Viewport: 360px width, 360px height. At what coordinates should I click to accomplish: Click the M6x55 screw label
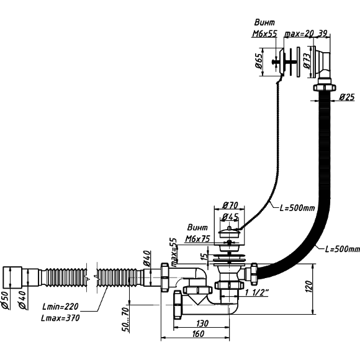click(x=264, y=34)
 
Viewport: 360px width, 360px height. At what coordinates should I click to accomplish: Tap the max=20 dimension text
click(x=299, y=34)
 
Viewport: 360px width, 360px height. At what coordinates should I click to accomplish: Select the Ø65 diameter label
click(x=259, y=61)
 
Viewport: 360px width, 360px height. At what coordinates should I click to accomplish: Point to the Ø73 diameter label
click(x=307, y=61)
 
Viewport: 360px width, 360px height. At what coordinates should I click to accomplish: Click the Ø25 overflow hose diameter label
click(x=347, y=97)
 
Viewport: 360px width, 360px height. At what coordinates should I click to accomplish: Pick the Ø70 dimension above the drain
click(x=230, y=205)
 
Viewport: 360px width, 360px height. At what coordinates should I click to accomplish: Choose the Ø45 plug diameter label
click(x=230, y=217)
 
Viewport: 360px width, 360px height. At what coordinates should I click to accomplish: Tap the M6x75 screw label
click(x=197, y=239)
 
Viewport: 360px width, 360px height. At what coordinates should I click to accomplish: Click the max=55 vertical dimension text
click(x=174, y=253)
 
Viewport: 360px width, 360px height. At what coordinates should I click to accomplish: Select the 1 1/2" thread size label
click(x=257, y=292)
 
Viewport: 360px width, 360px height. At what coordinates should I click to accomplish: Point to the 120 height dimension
click(x=309, y=286)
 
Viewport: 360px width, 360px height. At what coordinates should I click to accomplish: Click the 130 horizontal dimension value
click(x=202, y=323)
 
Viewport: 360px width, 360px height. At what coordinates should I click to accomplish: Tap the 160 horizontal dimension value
click(x=197, y=333)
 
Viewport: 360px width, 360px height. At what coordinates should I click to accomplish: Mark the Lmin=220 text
click(x=60, y=306)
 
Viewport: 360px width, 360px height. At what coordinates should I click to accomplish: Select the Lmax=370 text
click(x=60, y=318)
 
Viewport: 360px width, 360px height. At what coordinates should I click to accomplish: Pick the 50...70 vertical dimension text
click(x=125, y=319)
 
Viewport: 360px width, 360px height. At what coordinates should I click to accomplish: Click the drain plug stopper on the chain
click(x=229, y=232)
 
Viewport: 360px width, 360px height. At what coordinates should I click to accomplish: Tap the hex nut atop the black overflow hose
click(x=324, y=88)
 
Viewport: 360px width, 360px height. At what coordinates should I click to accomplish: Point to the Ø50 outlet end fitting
click(x=12, y=277)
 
